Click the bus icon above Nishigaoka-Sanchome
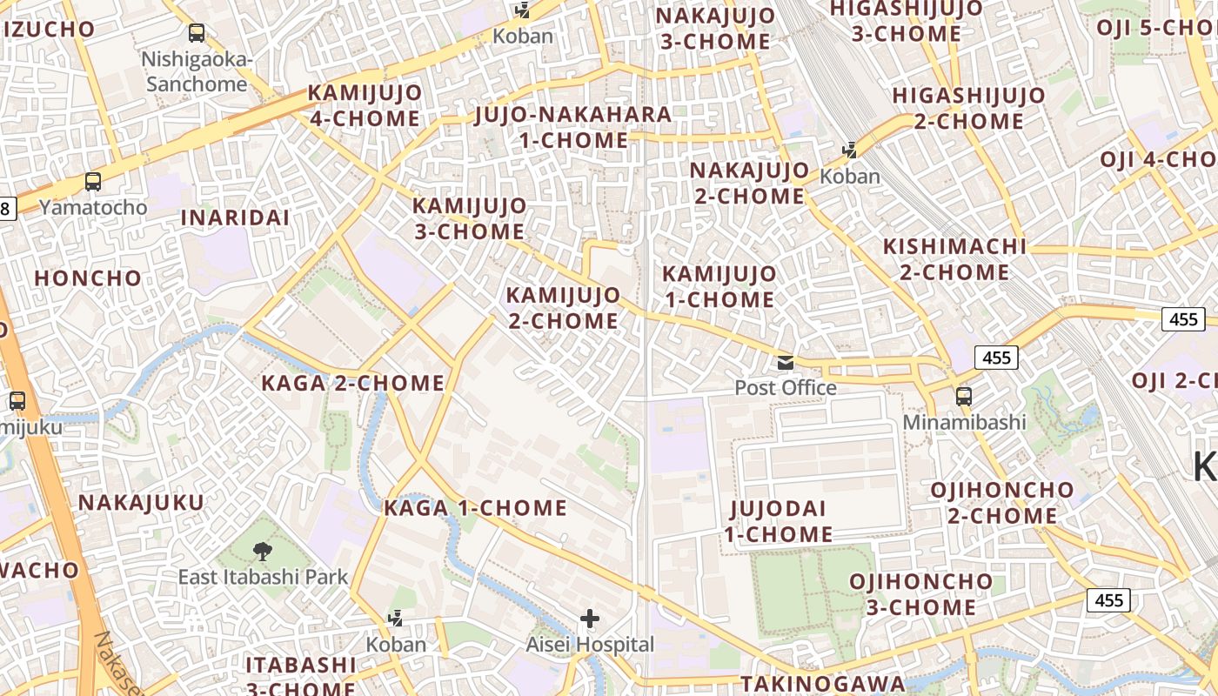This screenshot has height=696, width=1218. click(197, 34)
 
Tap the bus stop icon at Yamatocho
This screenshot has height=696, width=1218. click(93, 183)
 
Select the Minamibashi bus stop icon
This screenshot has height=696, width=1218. click(963, 397)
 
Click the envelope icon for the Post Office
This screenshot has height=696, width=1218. click(786, 362)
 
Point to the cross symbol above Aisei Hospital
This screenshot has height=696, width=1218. click(590, 619)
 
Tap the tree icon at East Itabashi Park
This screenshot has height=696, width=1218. click(262, 551)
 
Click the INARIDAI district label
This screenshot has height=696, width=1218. click(235, 217)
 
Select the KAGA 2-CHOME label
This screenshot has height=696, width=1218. click(353, 383)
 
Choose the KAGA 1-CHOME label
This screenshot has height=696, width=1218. click(475, 508)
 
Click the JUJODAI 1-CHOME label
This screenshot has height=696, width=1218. click(779, 521)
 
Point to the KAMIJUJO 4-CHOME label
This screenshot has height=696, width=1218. click(365, 105)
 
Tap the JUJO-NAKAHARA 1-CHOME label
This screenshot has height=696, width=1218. click(573, 127)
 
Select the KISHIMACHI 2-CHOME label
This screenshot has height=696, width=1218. click(954, 259)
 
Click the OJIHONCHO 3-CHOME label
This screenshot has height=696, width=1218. click(921, 594)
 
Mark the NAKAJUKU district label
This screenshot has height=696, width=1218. click(141, 503)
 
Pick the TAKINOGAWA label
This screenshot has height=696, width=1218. click(823, 684)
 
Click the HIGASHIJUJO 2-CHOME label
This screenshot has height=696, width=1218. click(968, 108)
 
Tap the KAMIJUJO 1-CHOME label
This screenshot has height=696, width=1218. click(719, 286)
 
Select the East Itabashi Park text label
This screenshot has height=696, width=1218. click(263, 577)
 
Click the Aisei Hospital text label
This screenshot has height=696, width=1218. click(590, 645)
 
